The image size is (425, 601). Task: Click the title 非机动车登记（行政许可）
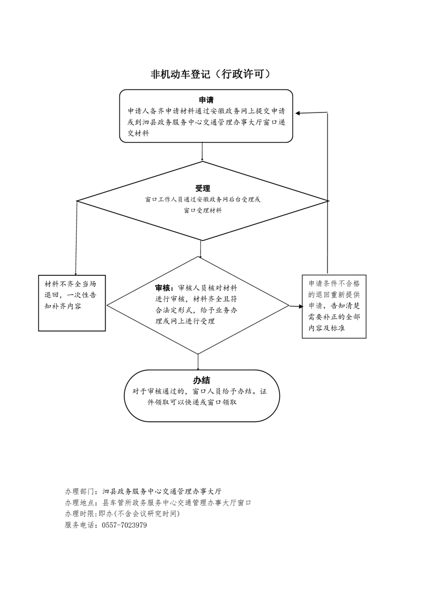pyautogui.click(x=211, y=74)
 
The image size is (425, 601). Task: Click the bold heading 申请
pyautogui.click(x=206, y=100)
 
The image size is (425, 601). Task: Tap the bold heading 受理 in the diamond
pyautogui.click(x=203, y=189)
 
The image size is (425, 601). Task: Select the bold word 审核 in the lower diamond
pyautogui.click(x=163, y=288)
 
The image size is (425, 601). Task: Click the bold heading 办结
pyautogui.click(x=202, y=380)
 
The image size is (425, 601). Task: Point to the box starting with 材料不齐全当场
pyautogui.click(x=72, y=303)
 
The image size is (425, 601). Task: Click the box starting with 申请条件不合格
pyautogui.click(x=334, y=306)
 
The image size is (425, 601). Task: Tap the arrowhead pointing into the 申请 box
pyautogui.click(x=298, y=113)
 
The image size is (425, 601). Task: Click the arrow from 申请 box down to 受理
pyautogui.click(x=202, y=152)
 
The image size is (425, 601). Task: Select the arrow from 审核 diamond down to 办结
pyautogui.click(x=198, y=362)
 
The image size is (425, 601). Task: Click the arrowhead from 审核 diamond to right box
pyautogui.click(x=300, y=306)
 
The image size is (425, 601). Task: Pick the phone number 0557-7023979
pyautogui.click(x=124, y=525)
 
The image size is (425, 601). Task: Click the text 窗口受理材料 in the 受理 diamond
pyautogui.click(x=203, y=211)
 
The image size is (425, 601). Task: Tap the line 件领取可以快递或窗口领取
pyautogui.click(x=192, y=402)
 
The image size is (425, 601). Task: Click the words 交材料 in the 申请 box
pyautogui.click(x=138, y=134)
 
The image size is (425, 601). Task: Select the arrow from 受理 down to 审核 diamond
pyautogui.click(x=200, y=249)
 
